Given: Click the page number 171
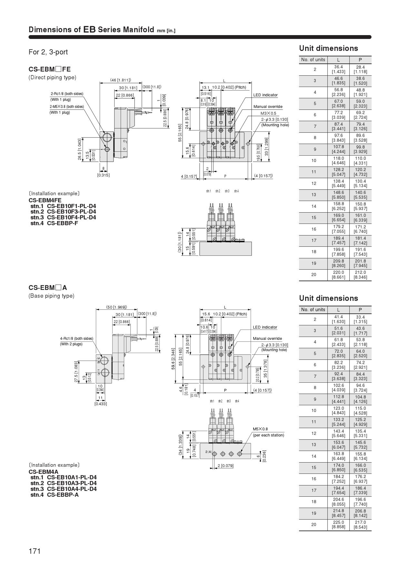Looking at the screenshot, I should pyautogui.click(x=35, y=551).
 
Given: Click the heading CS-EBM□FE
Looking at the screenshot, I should pyautogui.click(x=49, y=69).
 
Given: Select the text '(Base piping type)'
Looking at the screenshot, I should pyautogui.click(x=51, y=296).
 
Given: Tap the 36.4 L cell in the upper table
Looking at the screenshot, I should pyautogui.click(x=338, y=69).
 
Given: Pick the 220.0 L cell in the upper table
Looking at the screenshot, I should pyautogui.click(x=338, y=275).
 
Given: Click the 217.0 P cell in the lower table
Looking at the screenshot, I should pyautogui.click(x=360, y=524).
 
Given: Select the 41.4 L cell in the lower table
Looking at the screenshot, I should pyautogui.click(x=338, y=319).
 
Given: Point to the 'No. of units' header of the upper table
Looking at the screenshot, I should pyautogui.click(x=313, y=60).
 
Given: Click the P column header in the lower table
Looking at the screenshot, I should pyautogui.click(x=360, y=310).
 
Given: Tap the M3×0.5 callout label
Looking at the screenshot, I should pyautogui.click(x=268, y=113).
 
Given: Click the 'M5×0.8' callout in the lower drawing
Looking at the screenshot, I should pyautogui.click(x=260, y=429).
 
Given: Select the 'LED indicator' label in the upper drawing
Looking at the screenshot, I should pyautogui.click(x=265, y=95).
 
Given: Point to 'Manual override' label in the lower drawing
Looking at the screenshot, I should pyautogui.click(x=267, y=339).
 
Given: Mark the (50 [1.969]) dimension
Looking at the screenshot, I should pyautogui.click(x=116, y=307).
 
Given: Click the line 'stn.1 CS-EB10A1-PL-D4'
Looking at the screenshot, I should pyautogui.click(x=64, y=477).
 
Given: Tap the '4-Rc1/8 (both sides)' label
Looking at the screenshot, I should pyautogui.click(x=76, y=338).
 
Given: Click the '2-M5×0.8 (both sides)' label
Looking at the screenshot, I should pyautogui.click(x=66, y=107).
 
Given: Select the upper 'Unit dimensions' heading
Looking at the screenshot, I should pyautogui.click(x=328, y=48).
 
